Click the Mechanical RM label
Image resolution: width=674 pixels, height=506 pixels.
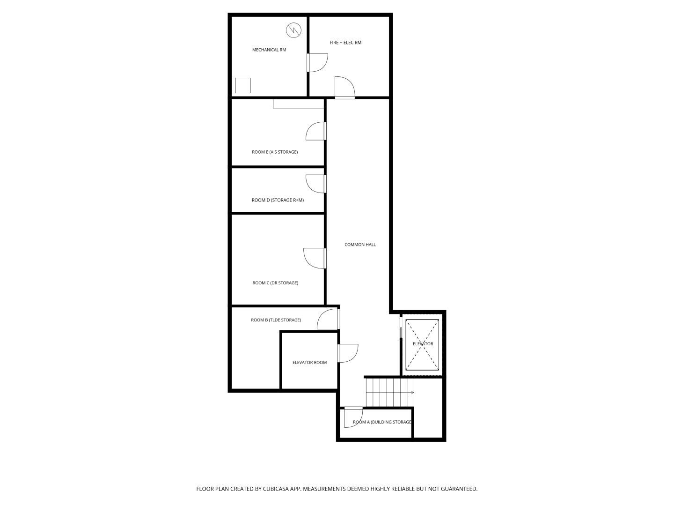(x=269, y=50)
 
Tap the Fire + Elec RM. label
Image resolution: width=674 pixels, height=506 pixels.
(x=346, y=43)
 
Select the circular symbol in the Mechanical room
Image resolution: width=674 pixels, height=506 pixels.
(x=293, y=30)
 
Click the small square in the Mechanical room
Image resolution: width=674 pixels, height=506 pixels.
(x=243, y=85)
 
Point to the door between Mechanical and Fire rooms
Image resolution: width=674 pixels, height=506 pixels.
(x=317, y=63)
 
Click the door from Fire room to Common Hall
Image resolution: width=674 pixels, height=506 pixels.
(x=344, y=88)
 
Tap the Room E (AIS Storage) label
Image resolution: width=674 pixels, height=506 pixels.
(x=275, y=152)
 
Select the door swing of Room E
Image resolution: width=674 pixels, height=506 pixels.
(x=315, y=131)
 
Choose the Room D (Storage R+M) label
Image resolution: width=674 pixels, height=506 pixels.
(x=278, y=201)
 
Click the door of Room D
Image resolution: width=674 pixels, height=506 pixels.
(x=315, y=184)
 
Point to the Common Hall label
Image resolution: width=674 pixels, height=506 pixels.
(x=360, y=245)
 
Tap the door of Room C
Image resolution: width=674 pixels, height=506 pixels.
(x=315, y=258)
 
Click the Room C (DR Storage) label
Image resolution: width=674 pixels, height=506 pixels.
(x=275, y=283)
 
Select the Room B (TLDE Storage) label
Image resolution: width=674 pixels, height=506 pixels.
(x=276, y=320)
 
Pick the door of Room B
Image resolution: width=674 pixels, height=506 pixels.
(x=328, y=319)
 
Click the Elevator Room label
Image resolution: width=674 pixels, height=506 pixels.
(x=309, y=363)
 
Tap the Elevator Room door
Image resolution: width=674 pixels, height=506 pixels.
(x=348, y=353)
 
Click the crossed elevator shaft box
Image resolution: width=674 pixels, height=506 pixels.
(x=422, y=345)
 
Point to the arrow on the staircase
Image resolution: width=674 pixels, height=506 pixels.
(x=411, y=392)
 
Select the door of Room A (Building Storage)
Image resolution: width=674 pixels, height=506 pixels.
(x=353, y=417)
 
